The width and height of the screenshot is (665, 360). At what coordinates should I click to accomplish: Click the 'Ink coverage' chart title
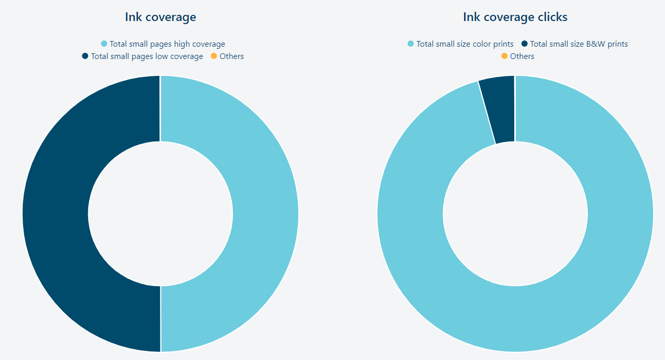click(x=160, y=17)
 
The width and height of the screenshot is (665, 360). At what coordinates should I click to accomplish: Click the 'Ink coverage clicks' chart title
click(x=515, y=17)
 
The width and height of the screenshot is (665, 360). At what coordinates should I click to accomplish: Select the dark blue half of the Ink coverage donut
click(x=55, y=213)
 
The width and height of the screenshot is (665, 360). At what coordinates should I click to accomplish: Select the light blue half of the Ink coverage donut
click(x=266, y=213)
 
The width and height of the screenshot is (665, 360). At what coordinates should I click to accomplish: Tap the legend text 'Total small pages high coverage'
click(x=167, y=44)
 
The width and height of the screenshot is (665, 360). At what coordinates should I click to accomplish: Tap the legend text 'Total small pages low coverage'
click(x=147, y=56)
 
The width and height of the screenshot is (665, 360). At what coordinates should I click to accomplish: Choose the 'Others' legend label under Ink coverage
click(x=232, y=56)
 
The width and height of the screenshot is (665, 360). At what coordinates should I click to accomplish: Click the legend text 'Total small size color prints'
click(x=465, y=44)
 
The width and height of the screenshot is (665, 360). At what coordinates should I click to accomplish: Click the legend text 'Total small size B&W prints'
click(x=579, y=44)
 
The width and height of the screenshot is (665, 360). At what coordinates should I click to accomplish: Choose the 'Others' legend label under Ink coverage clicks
click(x=522, y=56)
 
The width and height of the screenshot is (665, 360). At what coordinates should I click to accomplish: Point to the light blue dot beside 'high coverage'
click(x=104, y=44)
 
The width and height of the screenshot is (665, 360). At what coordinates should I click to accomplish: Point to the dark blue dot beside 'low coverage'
click(x=85, y=56)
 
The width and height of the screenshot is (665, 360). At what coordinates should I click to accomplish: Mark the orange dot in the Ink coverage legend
click(x=214, y=56)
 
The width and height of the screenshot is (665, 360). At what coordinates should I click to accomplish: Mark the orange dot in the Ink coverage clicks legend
click(x=505, y=56)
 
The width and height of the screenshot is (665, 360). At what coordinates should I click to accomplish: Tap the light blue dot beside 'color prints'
click(x=411, y=44)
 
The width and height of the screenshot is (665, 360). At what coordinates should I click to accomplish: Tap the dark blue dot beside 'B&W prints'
click(x=525, y=44)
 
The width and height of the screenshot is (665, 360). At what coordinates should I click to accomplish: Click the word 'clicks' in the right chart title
click(x=552, y=17)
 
